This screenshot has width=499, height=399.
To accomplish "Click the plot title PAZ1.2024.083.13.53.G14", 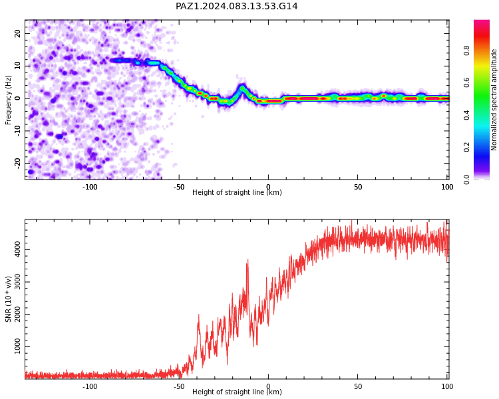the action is (236, 7).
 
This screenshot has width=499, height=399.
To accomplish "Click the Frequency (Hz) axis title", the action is (8, 100).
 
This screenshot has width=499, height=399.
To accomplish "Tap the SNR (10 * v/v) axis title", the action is (8, 299).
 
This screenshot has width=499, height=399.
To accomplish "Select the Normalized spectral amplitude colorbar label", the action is (494, 100).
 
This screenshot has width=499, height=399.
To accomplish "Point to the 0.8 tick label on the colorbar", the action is (466, 51).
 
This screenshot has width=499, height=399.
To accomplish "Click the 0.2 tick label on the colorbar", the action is (466, 147).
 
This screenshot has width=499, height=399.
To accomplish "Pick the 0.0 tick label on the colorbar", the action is (466, 180).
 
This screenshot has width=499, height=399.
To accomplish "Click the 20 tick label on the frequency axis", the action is (18, 33).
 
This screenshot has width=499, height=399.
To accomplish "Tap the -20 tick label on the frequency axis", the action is (18, 163).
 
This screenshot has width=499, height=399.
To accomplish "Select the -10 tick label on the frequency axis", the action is (18, 131).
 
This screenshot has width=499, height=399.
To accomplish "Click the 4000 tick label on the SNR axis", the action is (18, 250).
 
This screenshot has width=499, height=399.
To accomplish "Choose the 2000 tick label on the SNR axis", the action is (18, 315).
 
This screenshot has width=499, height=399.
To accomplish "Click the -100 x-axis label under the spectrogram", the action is (89, 187).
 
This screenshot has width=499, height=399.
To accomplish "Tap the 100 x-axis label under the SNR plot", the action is (447, 386).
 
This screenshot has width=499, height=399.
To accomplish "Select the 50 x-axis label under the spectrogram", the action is (358, 187).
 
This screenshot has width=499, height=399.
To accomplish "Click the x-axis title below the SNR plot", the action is (237, 392).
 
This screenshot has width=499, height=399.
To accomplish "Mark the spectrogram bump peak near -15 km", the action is (242, 88).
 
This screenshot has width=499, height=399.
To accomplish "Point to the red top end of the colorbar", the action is (482, 21).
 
